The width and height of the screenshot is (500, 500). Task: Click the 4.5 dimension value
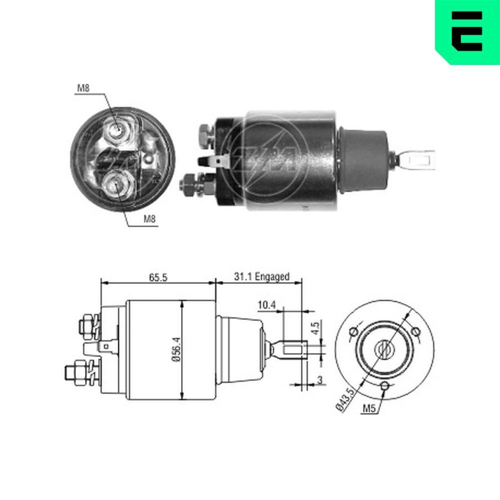[315, 329]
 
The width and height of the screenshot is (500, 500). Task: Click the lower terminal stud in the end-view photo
[115, 185]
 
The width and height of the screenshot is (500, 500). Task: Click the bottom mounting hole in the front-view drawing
[384, 385]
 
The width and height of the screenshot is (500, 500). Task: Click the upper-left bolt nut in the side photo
[205, 134]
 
